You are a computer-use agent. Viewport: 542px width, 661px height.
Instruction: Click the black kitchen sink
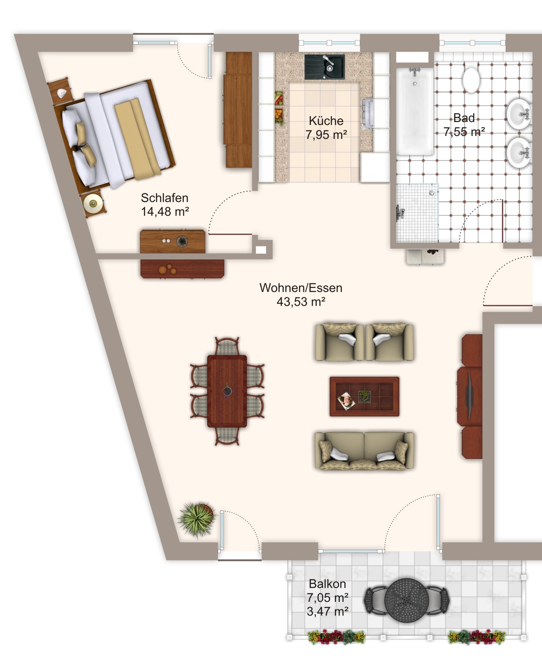click(324, 67)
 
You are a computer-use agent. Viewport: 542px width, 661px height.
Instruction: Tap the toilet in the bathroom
click(471, 80)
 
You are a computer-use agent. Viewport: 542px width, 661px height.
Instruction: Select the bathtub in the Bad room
click(415, 111)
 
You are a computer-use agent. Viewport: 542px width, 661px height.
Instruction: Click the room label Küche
click(326, 121)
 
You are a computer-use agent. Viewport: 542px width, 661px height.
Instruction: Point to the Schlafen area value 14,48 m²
click(165, 212)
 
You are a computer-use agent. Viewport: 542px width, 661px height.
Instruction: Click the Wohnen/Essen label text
click(301, 288)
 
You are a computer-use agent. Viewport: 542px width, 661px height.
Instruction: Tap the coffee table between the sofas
click(364, 397)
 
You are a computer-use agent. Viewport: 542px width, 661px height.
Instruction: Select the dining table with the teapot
click(227, 391)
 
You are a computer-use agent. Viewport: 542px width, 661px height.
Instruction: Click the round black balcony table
click(406, 600)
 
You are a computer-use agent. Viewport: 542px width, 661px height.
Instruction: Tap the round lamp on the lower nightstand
click(93, 204)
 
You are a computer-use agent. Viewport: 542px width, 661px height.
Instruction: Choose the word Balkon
click(327, 584)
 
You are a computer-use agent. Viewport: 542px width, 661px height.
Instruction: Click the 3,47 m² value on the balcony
click(327, 611)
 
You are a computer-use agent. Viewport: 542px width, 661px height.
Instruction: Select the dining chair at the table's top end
click(227, 346)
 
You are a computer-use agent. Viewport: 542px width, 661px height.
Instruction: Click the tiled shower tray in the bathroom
click(417, 213)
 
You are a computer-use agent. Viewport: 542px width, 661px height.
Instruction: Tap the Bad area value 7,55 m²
click(464, 132)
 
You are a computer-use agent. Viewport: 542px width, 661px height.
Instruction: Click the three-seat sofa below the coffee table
click(364, 451)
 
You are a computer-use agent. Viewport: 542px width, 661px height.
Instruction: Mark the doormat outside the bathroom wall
click(425, 256)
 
